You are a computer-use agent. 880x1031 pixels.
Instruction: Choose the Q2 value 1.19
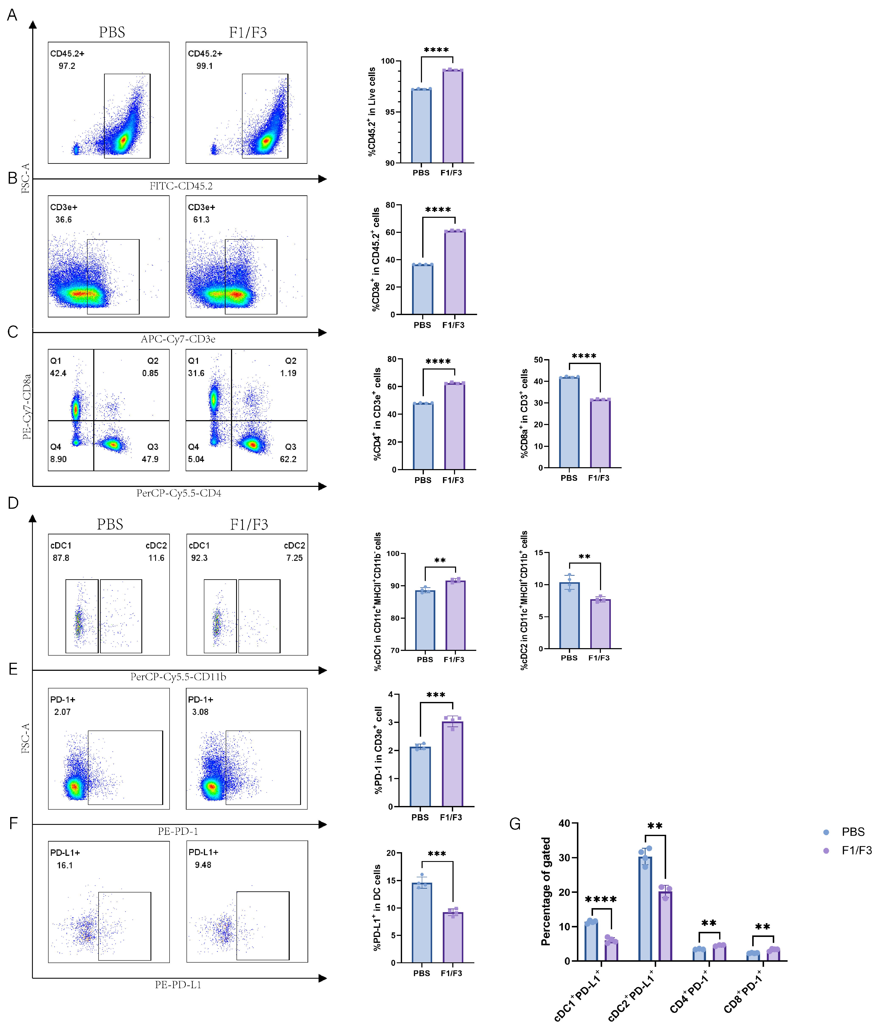[x=288, y=373]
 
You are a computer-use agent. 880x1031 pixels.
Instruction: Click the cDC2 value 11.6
[x=156, y=558]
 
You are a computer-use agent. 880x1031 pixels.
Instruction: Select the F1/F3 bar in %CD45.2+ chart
[x=453, y=117]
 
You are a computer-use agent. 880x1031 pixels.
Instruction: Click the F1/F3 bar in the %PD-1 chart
[x=453, y=764]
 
